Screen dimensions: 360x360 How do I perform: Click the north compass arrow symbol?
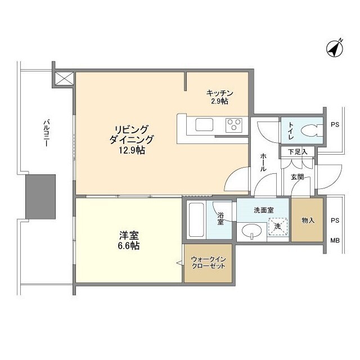tap(336, 49)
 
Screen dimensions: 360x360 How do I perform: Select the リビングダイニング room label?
tap(132, 134)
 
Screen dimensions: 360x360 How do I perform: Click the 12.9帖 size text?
tap(132, 151)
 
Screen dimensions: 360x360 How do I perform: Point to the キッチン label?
tap(219, 93)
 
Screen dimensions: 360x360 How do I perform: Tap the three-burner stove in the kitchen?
tap(234, 125)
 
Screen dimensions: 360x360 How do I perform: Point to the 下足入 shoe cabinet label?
tap(297, 151)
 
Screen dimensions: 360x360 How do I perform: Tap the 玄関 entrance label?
tap(298, 177)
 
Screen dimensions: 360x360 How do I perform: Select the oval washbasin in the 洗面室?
tap(251, 231)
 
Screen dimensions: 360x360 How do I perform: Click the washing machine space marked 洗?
tap(277, 226)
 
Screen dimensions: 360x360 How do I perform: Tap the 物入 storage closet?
tap(308, 220)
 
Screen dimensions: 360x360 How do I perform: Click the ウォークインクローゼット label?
tap(208, 262)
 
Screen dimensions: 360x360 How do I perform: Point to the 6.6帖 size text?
tap(129, 246)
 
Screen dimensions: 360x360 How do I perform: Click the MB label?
tap(335, 240)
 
